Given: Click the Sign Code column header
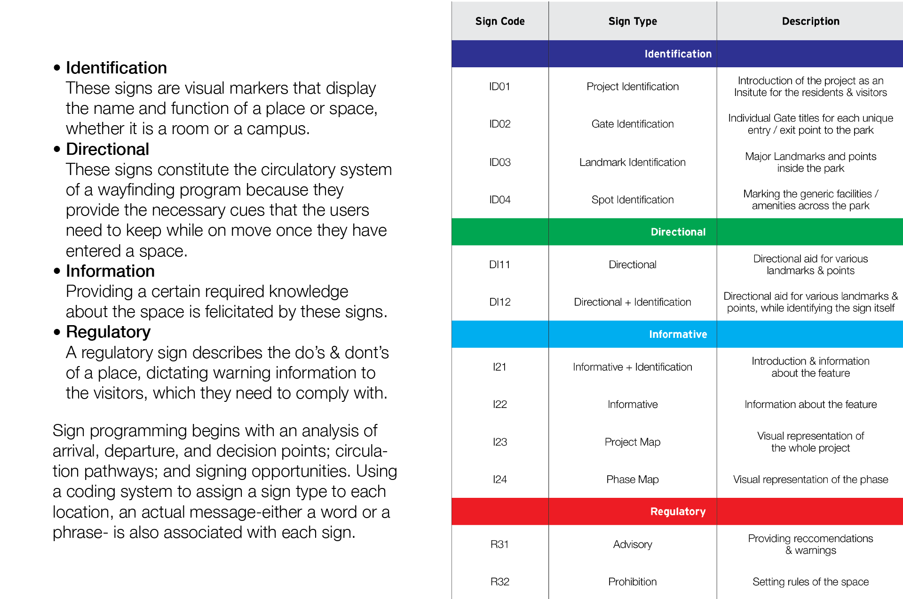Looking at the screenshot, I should (499, 21).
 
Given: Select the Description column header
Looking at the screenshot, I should (810, 21).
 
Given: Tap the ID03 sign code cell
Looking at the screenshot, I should (499, 162).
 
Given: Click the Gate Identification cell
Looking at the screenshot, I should (632, 124).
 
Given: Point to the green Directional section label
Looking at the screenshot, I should (678, 232).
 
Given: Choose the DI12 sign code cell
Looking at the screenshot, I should (499, 302).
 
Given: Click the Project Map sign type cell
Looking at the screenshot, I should (632, 442).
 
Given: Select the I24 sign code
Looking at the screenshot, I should (499, 479).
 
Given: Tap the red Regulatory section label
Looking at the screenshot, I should (678, 511).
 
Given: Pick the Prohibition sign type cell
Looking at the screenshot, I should (632, 582).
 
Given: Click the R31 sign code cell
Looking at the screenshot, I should (499, 544).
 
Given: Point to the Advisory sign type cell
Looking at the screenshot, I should (632, 544).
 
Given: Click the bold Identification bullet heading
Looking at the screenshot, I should (116, 68).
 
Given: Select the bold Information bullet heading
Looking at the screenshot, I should (110, 271).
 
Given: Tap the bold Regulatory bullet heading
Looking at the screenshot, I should (108, 332).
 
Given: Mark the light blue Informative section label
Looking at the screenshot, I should (678, 334).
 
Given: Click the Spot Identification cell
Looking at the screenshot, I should (632, 200).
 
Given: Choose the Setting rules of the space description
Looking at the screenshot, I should (810, 582).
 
